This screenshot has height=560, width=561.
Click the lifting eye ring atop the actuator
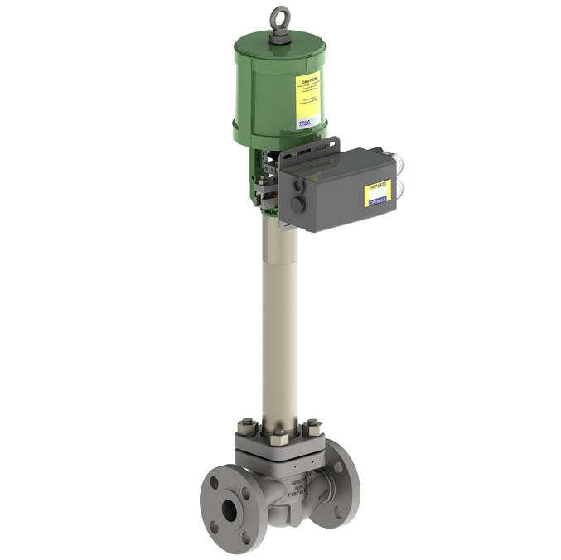point(279,16)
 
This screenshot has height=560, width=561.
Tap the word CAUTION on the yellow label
point(307,82)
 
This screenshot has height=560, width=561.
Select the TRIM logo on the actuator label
point(306,119)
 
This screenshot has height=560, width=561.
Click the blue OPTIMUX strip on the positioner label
point(376,200)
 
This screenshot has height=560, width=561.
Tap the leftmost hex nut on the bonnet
point(248,428)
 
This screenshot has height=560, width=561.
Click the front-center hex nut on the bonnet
point(279,437)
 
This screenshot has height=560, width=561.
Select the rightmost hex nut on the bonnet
point(312,428)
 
